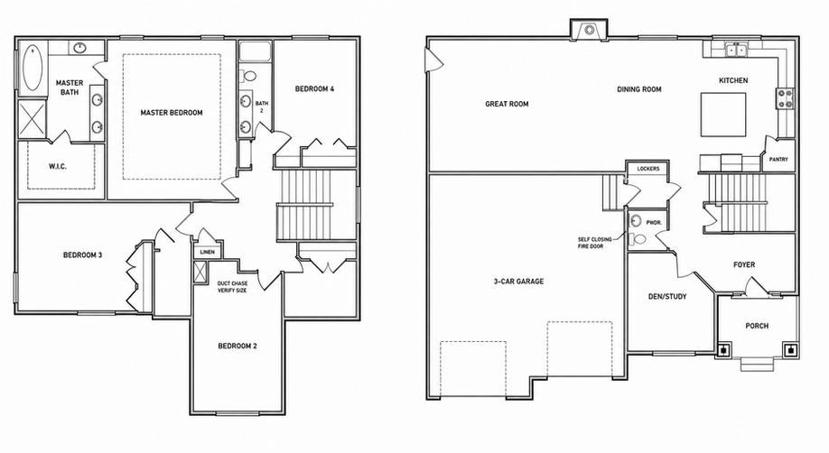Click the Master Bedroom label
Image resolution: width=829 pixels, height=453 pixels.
[x=172, y=113]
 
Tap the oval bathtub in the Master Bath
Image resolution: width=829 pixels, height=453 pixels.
[x=33, y=68]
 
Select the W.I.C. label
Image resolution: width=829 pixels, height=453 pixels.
[x=58, y=167]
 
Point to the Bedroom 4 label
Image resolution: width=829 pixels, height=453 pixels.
[x=314, y=88]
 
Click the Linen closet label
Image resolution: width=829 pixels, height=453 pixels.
[x=208, y=252]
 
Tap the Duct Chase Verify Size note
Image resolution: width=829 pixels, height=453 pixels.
[x=232, y=287]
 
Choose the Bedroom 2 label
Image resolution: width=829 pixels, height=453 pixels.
[x=238, y=347]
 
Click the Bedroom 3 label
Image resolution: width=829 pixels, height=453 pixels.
[x=82, y=255]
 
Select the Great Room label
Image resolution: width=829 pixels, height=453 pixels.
[x=507, y=104]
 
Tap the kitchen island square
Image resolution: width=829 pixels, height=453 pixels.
[x=723, y=115]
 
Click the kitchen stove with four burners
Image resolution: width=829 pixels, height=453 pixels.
[x=785, y=98]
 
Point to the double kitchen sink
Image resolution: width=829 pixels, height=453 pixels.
[x=736, y=51]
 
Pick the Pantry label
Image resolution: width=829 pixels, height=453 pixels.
[x=778, y=159]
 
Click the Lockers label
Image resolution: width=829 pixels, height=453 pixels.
[x=648, y=169]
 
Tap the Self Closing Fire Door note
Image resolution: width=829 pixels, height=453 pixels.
[x=595, y=243]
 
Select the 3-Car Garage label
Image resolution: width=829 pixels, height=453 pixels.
[x=518, y=282]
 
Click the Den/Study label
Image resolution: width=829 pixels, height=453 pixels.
[x=667, y=297]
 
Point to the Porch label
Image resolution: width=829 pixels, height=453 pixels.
[x=757, y=326]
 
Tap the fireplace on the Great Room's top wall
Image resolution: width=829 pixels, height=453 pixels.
[x=589, y=29]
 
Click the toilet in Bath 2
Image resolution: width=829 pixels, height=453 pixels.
[x=248, y=76]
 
